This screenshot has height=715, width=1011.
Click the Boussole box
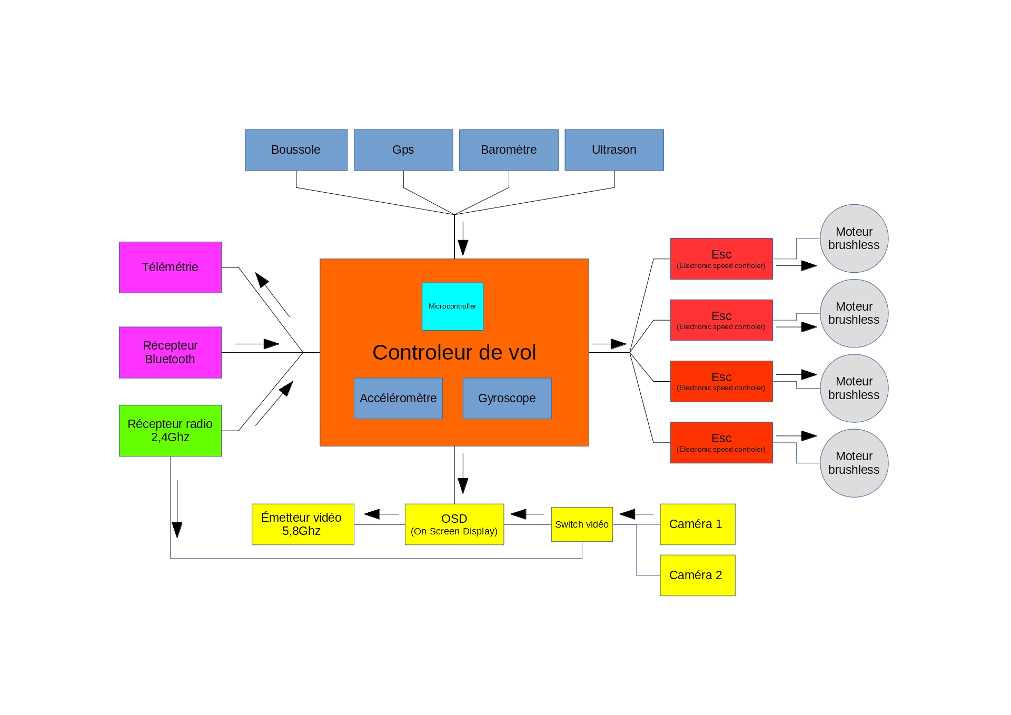(296, 150)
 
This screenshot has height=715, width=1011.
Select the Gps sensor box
(403, 150)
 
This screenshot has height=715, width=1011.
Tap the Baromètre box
(509, 150)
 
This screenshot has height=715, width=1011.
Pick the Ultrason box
(614, 150)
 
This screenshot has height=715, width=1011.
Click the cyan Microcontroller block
(453, 306)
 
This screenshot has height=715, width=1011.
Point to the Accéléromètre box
(398, 399)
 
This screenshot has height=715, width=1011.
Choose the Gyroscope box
(507, 399)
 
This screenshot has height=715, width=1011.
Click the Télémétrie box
(170, 267)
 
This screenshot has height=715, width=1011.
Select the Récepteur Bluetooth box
(170, 352)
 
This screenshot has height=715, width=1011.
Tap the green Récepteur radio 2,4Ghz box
(170, 431)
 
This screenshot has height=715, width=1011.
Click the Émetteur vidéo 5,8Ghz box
(303, 524)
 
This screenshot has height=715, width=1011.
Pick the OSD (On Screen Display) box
(454, 524)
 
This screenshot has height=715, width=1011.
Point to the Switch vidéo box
(582, 524)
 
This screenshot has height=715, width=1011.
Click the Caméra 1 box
(697, 524)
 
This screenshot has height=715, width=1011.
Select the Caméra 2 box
(697, 575)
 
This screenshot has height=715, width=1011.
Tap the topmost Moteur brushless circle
(854, 239)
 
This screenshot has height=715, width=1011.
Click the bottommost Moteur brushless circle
(854, 463)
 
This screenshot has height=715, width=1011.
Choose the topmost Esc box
(721, 259)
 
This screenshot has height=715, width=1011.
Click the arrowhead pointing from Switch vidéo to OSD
(519, 514)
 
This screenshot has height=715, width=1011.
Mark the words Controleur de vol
(454, 353)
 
